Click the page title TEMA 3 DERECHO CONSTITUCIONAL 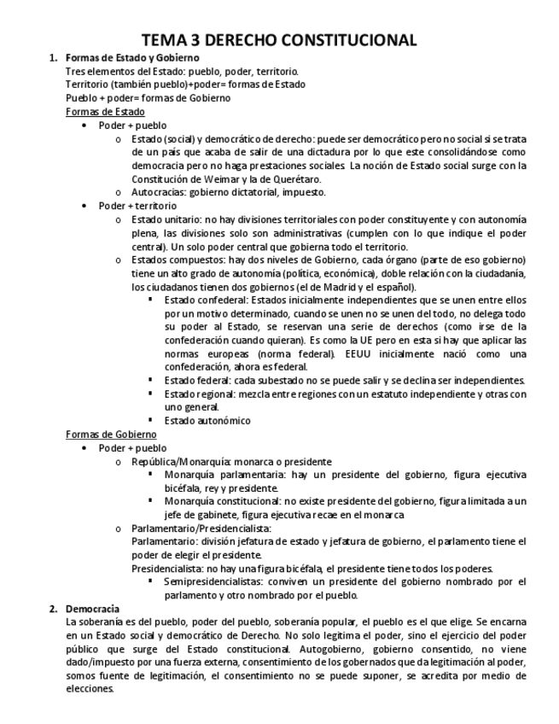(279, 39)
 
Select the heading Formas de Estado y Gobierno (125, 57)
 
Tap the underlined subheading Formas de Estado (105, 112)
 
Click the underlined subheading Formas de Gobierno (111, 434)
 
